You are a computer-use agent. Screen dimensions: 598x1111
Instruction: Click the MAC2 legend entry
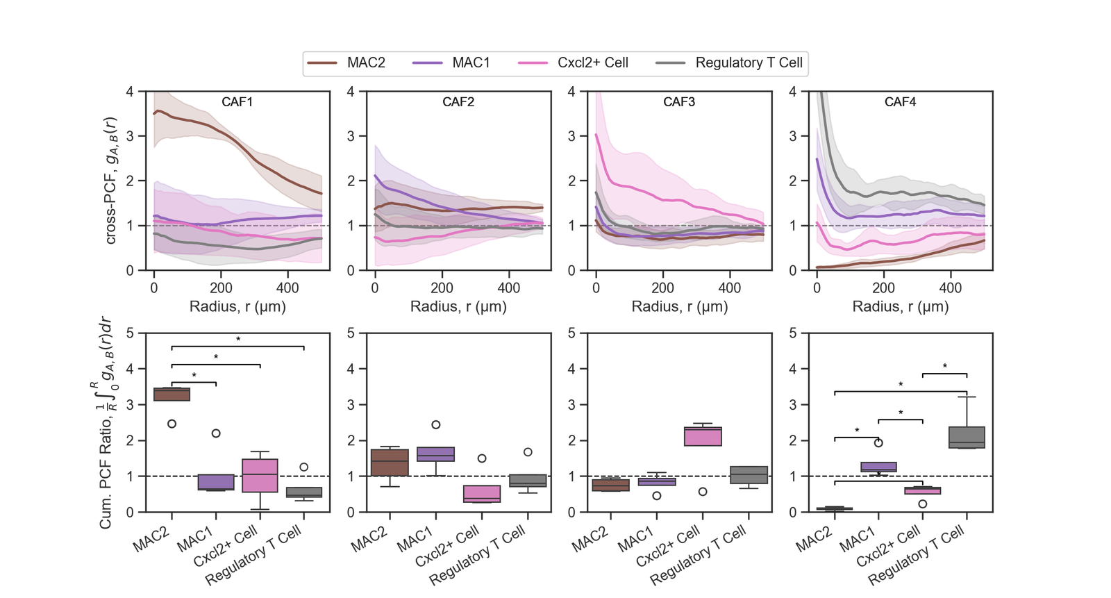point(366,63)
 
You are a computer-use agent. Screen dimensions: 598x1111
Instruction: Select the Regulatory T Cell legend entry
point(749,63)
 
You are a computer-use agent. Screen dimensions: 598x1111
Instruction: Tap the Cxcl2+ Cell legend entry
point(592,63)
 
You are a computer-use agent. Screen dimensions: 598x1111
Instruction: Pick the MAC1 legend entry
point(471,63)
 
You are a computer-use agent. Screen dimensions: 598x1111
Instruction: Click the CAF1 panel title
point(237,102)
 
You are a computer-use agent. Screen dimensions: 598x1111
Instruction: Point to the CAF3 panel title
point(679,102)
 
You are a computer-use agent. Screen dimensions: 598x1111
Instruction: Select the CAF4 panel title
point(900,102)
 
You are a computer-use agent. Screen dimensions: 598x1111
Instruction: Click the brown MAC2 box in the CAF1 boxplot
point(172,394)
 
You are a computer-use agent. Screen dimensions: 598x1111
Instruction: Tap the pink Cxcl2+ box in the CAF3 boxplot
point(703,436)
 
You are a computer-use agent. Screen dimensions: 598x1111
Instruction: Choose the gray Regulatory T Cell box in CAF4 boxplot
point(967,438)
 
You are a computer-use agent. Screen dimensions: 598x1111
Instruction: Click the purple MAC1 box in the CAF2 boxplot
point(435,454)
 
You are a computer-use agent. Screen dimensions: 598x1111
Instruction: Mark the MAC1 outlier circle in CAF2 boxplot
point(435,424)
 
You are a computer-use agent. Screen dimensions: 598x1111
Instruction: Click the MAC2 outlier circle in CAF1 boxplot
point(172,424)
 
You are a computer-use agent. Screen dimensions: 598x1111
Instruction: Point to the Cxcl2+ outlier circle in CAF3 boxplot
point(703,492)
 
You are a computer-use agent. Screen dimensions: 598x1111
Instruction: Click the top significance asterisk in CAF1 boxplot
point(238,340)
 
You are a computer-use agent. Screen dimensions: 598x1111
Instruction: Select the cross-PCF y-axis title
point(111,181)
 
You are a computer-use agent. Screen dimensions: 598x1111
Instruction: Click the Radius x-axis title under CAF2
point(458,306)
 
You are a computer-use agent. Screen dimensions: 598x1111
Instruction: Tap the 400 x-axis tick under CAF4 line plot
point(951,288)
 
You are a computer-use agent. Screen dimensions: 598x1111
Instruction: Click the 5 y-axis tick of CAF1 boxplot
point(131,333)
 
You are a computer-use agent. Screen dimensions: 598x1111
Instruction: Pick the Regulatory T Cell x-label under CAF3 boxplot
point(699,554)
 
